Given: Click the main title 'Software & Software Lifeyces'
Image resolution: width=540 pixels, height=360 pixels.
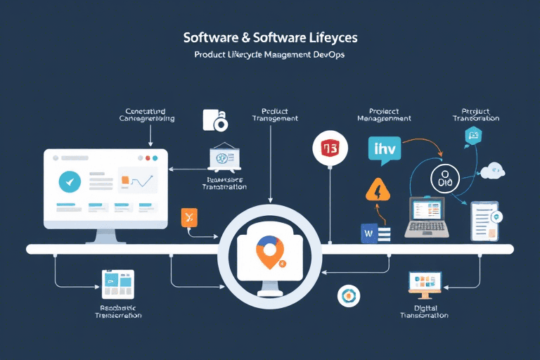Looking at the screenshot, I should click(x=269, y=36).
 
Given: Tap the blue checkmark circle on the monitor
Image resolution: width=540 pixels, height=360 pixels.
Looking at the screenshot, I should click(x=70, y=181).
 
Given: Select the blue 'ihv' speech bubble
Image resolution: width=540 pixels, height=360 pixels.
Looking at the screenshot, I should click(x=384, y=150).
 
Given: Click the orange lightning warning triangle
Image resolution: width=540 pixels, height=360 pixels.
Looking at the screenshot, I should click(x=378, y=191).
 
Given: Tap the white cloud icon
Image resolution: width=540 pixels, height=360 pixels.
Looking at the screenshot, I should click(x=493, y=169).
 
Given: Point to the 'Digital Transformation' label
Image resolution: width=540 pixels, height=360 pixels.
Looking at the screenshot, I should click(x=424, y=311).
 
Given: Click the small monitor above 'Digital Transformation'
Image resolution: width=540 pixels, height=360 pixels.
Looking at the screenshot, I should click(x=425, y=282).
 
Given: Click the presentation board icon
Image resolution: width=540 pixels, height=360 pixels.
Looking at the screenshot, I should click(x=226, y=158).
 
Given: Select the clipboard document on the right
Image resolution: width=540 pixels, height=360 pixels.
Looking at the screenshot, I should click(x=484, y=220).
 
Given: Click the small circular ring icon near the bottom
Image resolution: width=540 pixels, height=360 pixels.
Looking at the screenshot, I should click(x=348, y=296).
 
